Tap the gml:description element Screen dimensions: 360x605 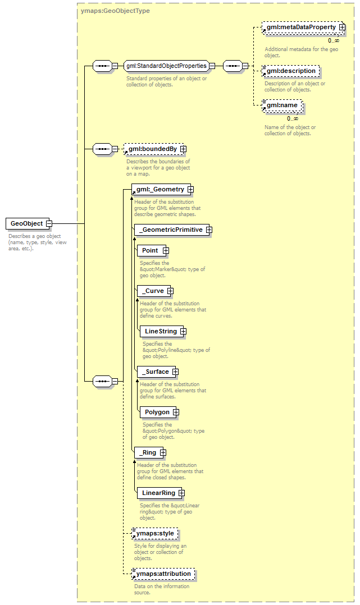(291, 71)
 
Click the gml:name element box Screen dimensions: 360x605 (282, 106)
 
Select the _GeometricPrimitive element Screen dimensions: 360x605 (172, 230)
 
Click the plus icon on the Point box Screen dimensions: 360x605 (166, 251)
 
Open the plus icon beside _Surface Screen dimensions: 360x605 (175, 372)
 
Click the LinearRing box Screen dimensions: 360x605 (159, 493)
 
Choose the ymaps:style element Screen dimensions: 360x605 (155, 534)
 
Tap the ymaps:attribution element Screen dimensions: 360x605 (163, 574)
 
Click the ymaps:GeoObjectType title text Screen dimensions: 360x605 (115, 11)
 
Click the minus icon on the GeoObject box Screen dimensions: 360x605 (49, 223)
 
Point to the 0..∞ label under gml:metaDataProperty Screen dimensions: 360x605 (334, 40)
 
